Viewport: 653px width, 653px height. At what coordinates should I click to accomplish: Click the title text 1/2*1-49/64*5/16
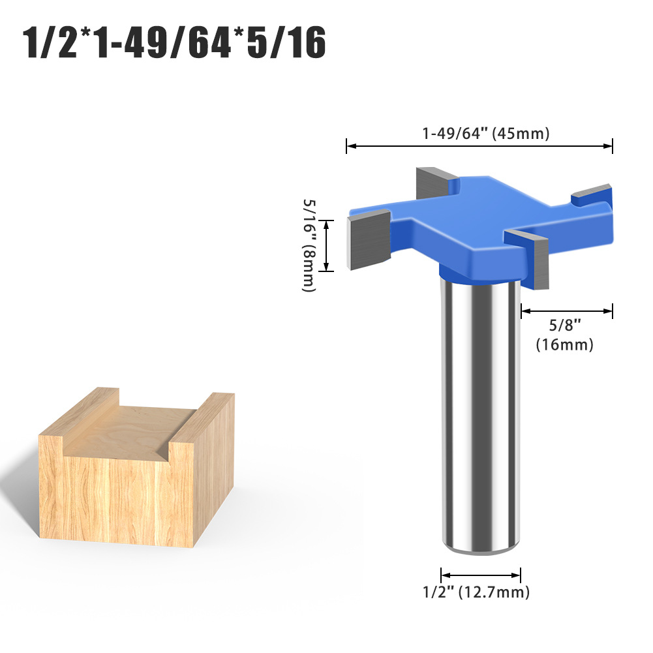[x=174, y=42]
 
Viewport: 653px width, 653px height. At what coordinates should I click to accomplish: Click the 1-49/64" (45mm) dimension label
[x=485, y=133]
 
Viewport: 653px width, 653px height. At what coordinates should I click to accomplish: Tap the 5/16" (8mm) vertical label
[x=309, y=245]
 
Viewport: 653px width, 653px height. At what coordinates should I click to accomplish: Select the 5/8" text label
[x=565, y=325]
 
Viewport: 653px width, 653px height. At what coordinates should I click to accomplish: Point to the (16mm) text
[x=564, y=345]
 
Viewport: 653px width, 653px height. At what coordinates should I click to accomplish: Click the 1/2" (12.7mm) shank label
[x=476, y=592]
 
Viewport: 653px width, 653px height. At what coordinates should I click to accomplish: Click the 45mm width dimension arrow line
[x=479, y=145]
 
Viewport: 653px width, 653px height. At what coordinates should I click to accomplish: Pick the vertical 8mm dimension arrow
[x=326, y=246]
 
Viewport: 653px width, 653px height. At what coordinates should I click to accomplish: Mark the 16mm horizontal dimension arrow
[x=567, y=311]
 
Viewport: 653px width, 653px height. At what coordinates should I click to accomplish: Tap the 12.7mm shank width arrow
[x=481, y=575]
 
